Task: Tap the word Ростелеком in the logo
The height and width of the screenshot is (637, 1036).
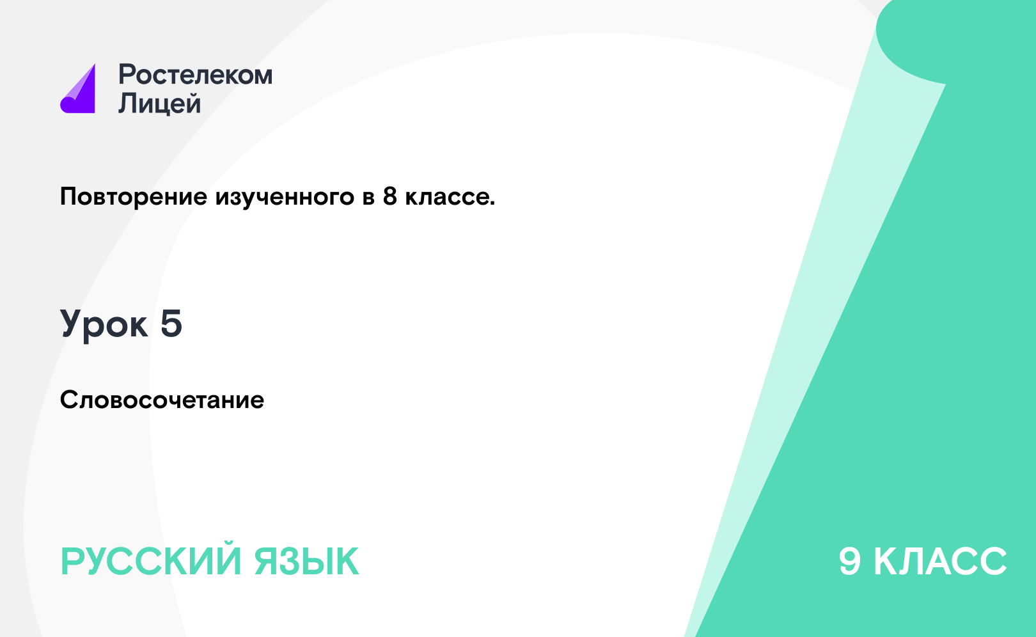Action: pyautogui.click(x=195, y=75)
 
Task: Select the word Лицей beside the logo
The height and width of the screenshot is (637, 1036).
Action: pyautogui.click(x=160, y=103)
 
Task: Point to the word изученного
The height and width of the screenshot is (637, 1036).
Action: pyautogui.click(x=285, y=198)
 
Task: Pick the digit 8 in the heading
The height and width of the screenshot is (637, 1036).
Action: pyautogui.click(x=390, y=196)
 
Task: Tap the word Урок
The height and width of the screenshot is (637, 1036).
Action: pyautogui.click(x=104, y=325)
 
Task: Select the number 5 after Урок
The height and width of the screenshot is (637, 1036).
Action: pyautogui.click(x=171, y=323)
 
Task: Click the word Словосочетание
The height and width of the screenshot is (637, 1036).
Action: pyautogui.click(x=162, y=400)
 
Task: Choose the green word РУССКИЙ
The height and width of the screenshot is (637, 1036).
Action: pyautogui.click(x=151, y=562)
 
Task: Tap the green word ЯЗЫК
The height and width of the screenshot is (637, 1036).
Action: pyautogui.click(x=306, y=562)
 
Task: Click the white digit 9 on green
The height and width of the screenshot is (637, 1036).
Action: pyautogui.click(x=850, y=562)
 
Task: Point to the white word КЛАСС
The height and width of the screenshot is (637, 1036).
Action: pyautogui.click(x=940, y=562)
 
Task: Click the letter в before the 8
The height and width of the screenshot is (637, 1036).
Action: pyautogui.click(x=368, y=198)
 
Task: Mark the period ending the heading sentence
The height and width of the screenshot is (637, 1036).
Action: pyautogui.click(x=492, y=203)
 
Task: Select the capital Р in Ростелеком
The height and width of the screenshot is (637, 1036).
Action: pyautogui.click(x=126, y=74)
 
